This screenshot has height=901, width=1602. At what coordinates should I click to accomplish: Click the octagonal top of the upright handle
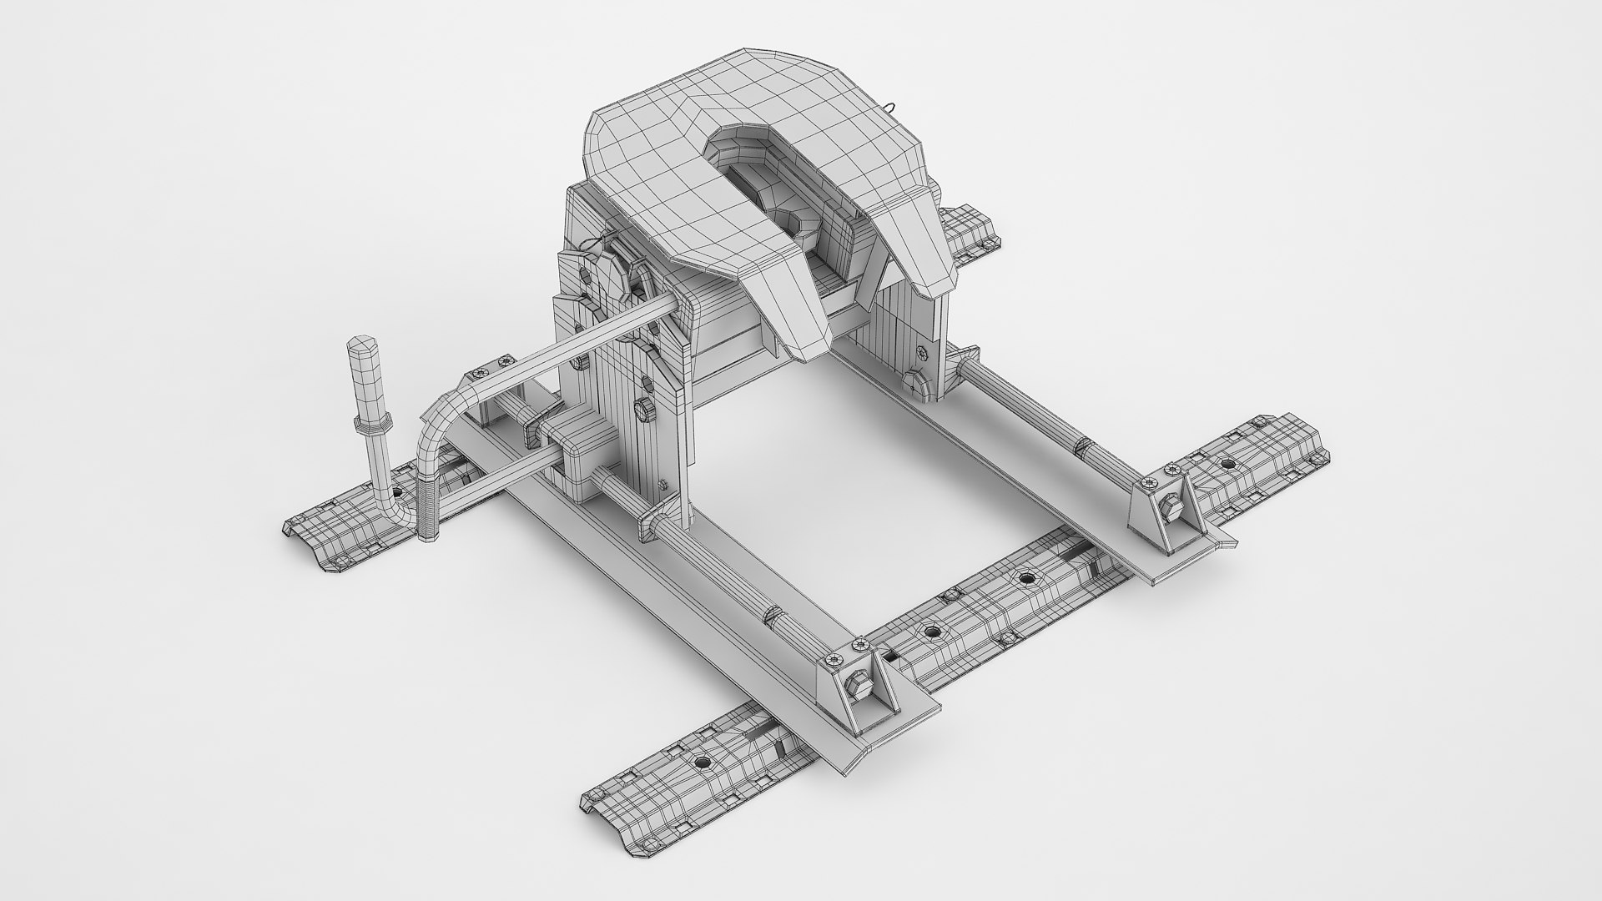coord(360,345)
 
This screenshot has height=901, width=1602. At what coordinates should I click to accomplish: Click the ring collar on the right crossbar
coord(1082,450)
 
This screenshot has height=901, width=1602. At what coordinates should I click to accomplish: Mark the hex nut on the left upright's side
coord(645,407)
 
